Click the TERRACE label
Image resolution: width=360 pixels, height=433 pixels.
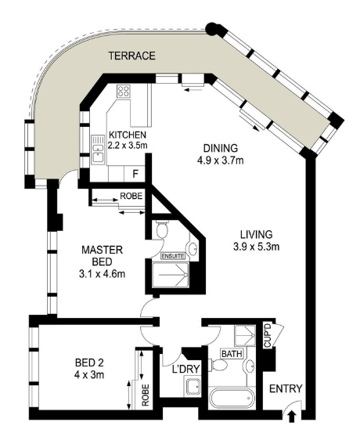click(x=132, y=56)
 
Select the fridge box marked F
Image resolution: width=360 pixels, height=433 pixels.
click(x=136, y=173)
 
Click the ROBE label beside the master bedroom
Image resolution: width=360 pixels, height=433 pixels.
click(x=131, y=197)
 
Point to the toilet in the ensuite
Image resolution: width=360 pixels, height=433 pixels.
click(x=161, y=229)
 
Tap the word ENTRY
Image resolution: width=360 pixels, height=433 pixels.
click(x=283, y=389)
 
